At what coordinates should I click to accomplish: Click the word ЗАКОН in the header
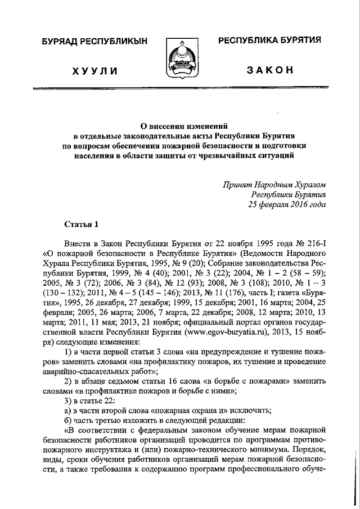coord(269,70)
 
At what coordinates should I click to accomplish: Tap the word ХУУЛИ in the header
coord(94,70)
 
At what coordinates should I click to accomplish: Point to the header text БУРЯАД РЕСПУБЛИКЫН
coord(94,41)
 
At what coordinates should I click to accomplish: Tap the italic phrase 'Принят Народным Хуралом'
coord(274,184)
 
